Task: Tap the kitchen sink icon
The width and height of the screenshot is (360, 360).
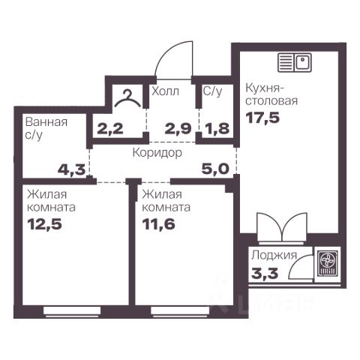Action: point(295,62)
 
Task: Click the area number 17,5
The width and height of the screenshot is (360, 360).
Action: point(262,118)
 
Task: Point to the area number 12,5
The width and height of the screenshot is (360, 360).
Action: point(45,224)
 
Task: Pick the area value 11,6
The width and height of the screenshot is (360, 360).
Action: point(159,224)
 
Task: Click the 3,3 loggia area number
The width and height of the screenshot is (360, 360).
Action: point(265,273)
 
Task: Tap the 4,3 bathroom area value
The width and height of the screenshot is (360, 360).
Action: point(71,170)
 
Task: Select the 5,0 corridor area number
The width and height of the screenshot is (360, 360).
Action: point(215,169)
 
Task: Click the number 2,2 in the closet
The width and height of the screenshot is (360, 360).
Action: point(110,129)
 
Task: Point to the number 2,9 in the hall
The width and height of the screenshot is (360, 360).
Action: point(178,129)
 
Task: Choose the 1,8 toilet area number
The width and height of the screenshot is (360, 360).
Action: point(217,129)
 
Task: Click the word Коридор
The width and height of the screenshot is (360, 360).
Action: point(157,153)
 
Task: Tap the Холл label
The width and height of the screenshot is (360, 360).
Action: point(165,91)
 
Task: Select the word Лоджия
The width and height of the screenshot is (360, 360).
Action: point(274,256)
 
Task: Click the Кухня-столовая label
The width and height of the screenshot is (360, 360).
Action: point(271,94)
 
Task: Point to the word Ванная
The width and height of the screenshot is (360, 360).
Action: point(46,122)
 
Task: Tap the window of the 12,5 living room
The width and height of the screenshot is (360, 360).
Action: point(72,310)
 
